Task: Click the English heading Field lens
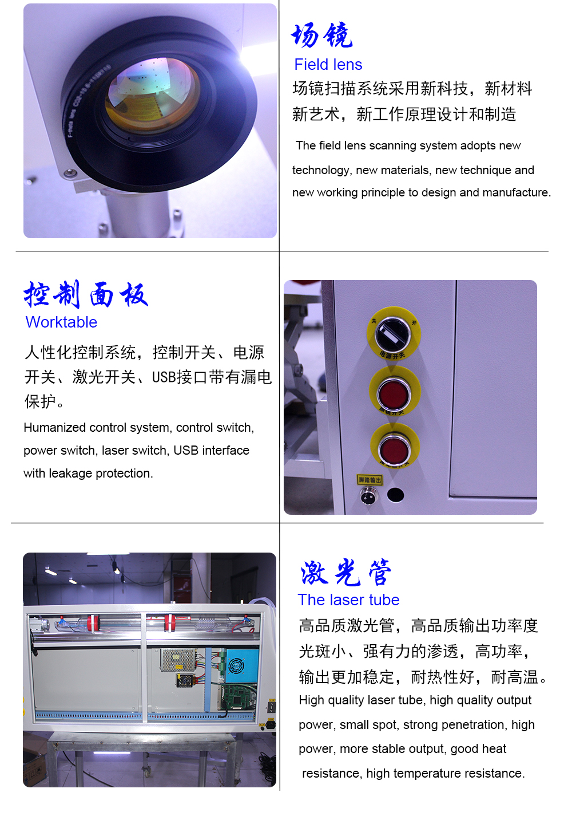tap(328, 65)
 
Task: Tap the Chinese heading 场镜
tap(322, 35)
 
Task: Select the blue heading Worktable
tap(61, 322)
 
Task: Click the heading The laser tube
tap(348, 600)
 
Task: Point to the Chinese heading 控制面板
tap(86, 295)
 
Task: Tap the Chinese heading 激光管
tap(345, 572)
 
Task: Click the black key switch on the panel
tap(393, 334)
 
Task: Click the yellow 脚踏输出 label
tap(370, 480)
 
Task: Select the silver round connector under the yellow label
tap(368, 496)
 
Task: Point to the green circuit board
tap(239, 697)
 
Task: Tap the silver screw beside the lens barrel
tap(69, 173)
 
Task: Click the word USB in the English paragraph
tap(185, 450)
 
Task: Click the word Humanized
tap(55, 427)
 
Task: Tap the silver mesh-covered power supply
tap(177, 660)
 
